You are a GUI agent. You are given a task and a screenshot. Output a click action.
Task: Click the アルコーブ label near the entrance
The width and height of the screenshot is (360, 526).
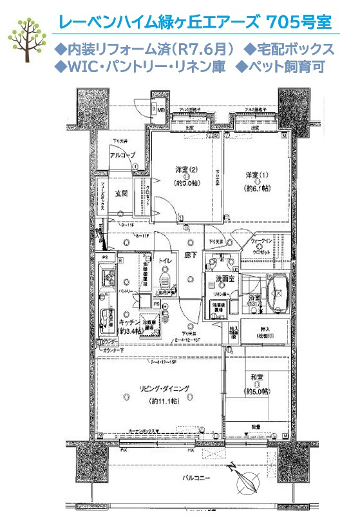[x=121, y=157]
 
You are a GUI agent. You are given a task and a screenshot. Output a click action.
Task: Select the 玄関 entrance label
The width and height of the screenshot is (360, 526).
[x=122, y=193]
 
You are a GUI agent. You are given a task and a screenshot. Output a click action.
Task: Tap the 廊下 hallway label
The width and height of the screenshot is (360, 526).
[x=191, y=255]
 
